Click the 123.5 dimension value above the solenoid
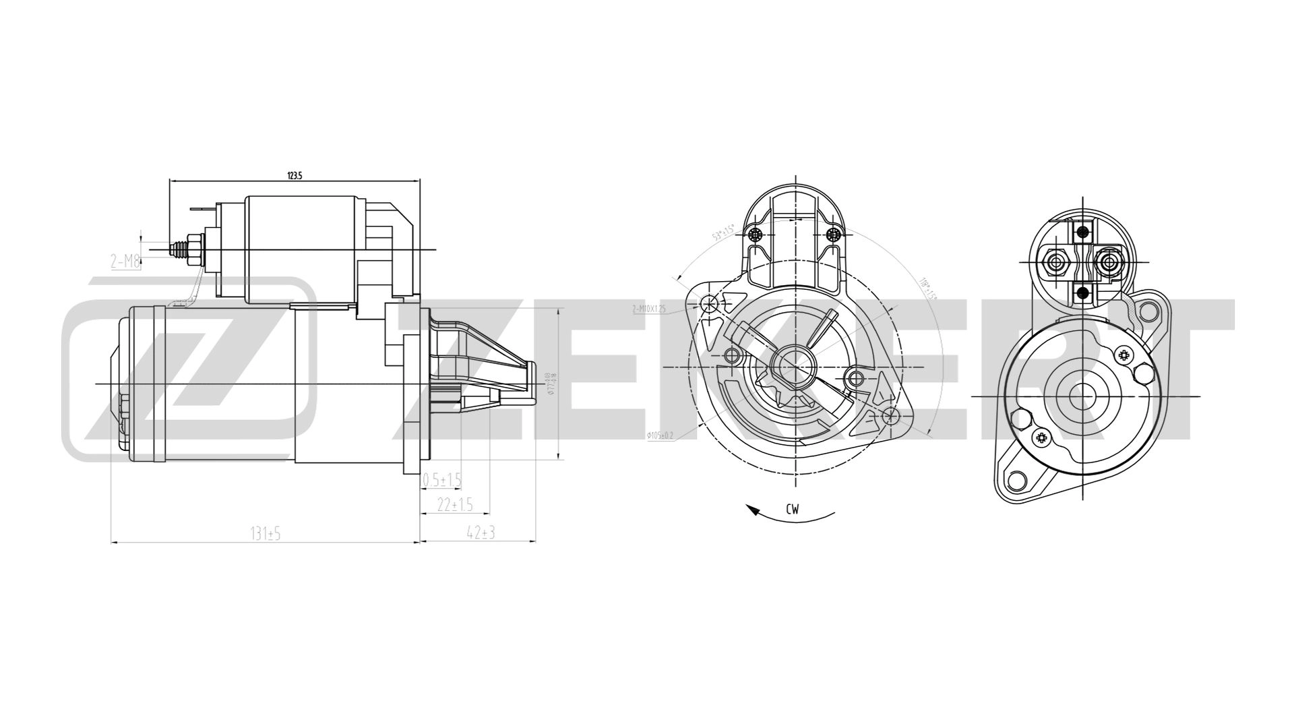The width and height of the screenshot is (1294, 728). click(295, 175)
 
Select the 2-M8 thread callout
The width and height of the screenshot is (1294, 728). click(125, 261)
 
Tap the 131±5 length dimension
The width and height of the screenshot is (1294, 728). click(265, 534)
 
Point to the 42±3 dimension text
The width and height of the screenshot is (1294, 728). click(481, 533)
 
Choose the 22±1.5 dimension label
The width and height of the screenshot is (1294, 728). click(455, 505)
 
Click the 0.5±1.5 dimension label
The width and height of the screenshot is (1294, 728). click(441, 480)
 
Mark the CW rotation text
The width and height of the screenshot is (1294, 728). click(792, 510)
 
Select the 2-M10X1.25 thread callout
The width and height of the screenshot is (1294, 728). click(649, 309)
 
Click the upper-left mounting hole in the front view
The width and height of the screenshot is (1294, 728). click(709, 304)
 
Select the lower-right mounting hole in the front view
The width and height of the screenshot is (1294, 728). click(890, 415)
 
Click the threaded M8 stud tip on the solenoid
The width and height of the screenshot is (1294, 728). click(177, 249)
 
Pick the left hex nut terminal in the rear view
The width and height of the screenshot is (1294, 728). click(1053, 261)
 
